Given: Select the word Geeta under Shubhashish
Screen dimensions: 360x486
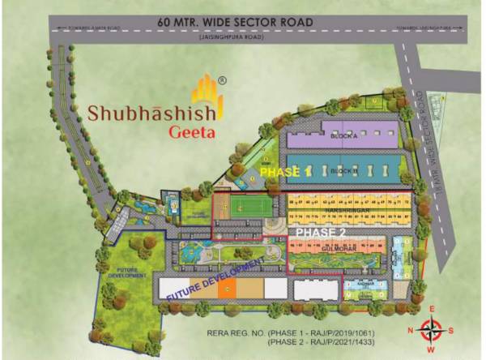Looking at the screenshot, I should click(190, 133).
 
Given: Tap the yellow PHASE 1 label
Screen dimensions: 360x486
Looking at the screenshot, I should click(284, 173).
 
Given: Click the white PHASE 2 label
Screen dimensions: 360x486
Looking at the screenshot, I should click(321, 232).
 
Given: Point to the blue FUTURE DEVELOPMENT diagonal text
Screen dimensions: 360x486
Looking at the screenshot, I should click(215, 280).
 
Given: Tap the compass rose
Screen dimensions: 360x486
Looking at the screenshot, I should click(433, 329).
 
